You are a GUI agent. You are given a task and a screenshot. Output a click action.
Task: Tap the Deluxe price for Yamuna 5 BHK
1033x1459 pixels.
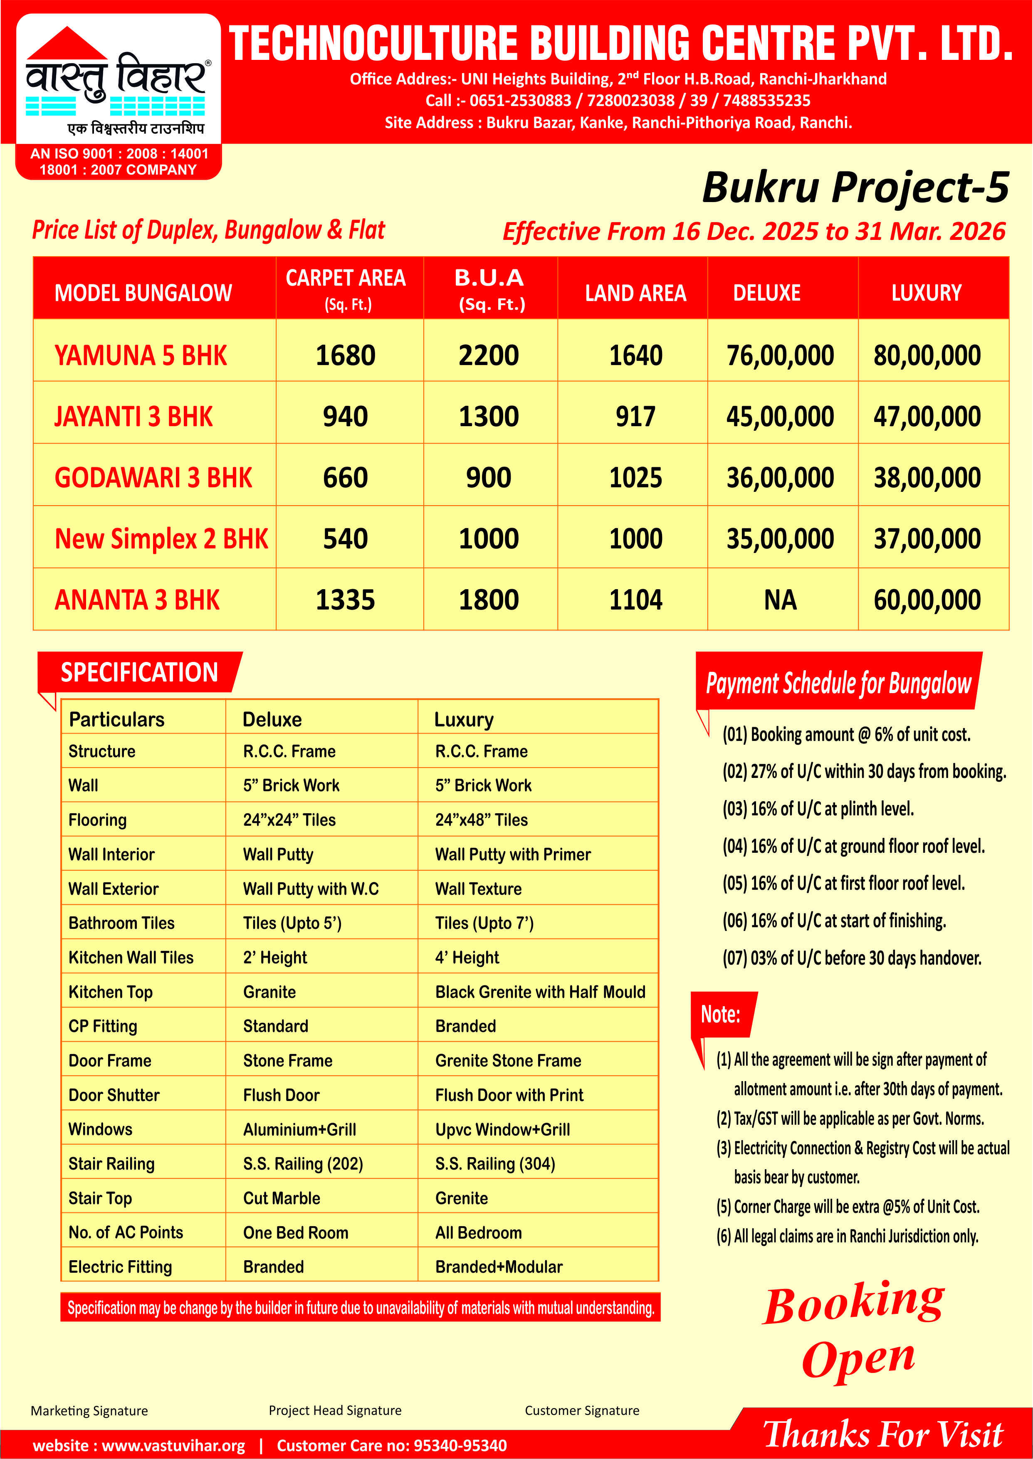point(780,355)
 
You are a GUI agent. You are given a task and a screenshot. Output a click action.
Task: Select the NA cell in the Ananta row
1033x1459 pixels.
point(780,600)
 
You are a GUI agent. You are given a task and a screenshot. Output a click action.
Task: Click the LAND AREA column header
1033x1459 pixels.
point(635,293)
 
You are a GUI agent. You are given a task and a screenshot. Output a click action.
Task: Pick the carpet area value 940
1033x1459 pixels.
point(346,417)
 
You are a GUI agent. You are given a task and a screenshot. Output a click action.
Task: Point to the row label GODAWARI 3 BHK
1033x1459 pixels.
point(153,478)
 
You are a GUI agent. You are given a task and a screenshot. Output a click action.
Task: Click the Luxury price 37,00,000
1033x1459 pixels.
point(927,539)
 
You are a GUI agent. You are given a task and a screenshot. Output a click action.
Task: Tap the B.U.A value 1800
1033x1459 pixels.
point(489,600)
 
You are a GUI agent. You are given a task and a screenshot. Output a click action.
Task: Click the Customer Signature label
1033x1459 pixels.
point(581,1410)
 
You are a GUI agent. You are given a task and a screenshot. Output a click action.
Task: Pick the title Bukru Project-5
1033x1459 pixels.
point(855,188)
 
